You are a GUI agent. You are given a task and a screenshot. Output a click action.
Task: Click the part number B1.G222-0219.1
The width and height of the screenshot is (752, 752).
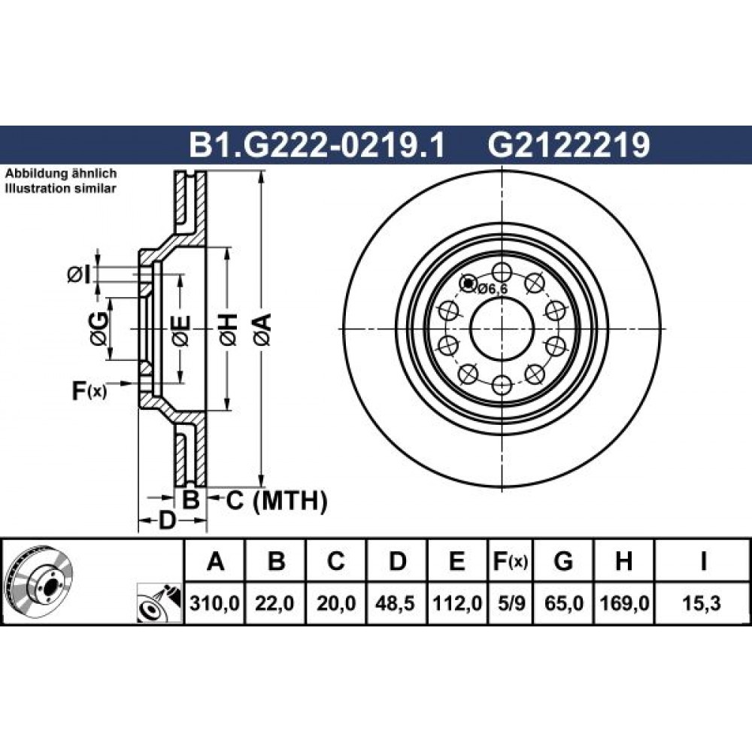[x=317, y=145]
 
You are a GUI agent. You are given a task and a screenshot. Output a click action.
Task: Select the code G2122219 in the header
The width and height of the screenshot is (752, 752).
[x=569, y=145]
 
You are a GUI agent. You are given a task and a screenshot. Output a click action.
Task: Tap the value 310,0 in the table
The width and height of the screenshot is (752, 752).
[x=214, y=603]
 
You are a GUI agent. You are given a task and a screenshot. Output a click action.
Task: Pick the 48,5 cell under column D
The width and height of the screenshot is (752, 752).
[x=396, y=603]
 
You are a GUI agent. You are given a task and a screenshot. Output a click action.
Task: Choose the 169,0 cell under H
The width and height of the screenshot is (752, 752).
[x=623, y=603]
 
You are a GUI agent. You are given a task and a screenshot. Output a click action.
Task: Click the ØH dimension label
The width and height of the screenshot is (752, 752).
[x=229, y=329]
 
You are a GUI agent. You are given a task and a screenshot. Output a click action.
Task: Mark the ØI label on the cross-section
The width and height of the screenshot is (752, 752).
[x=79, y=274]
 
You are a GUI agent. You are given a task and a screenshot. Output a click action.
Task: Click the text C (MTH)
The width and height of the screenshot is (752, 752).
[x=277, y=501]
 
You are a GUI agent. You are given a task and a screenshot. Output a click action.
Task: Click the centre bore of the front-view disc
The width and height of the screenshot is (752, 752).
[x=502, y=329]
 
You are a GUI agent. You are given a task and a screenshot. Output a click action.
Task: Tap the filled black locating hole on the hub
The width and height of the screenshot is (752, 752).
[x=468, y=284]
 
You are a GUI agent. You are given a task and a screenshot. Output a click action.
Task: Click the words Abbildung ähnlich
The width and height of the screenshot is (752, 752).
[x=61, y=173]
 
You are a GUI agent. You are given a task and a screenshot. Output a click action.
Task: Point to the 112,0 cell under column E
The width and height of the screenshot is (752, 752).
[x=457, y=603]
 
